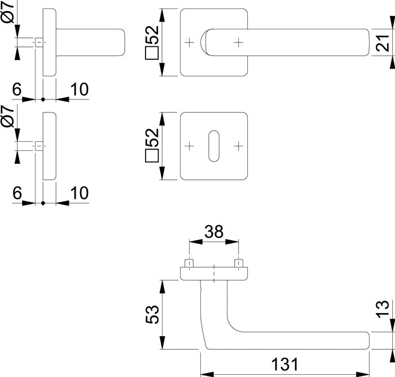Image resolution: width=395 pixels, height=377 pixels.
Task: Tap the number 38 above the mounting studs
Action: [213, 232]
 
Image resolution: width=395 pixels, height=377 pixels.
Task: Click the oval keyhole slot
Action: [214, 145]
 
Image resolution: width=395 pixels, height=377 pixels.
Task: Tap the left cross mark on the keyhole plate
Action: [189, 146]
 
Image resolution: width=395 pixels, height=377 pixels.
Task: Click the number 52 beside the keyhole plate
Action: [152, 138]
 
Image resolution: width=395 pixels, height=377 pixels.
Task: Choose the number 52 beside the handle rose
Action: [152, 36]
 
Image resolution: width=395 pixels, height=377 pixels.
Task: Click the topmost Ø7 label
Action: [8, 11]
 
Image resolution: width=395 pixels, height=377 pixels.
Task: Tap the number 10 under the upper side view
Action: [79, 89]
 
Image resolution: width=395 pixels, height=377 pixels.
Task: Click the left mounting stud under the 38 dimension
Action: [189, 264]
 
